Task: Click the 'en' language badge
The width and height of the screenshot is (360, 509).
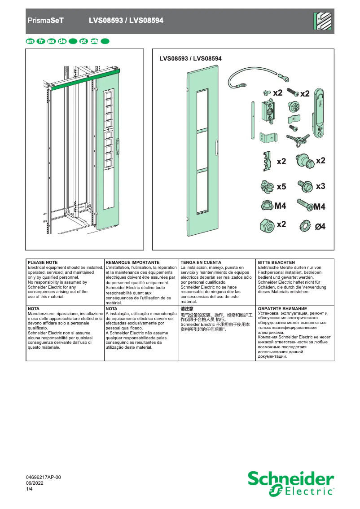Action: coord(30,41)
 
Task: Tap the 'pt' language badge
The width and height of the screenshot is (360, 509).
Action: coord(83,41)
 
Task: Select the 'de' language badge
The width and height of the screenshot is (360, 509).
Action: coord(62,41)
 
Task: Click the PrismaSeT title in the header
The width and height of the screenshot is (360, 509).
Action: coord(46,21)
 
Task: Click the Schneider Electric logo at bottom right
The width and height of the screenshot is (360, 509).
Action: coord(290,484)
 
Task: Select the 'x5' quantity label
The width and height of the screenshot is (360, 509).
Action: coord(281,186)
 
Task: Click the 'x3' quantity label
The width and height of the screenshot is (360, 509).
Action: coord(320,186)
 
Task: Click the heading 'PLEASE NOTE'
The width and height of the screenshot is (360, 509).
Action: coord(43,262)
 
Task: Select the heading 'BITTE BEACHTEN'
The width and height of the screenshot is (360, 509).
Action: coord(277,262)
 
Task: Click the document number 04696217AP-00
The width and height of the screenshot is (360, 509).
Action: coord(44,478)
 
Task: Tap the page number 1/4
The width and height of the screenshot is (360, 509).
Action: coord(30,489)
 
